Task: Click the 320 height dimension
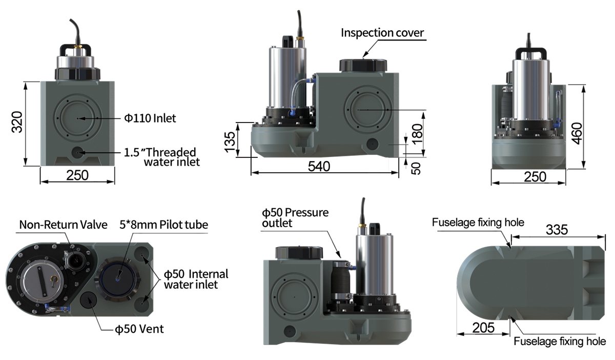click(x=17, y=122)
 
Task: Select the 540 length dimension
click(x=319, y=167)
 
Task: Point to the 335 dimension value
click(x=557, y=230)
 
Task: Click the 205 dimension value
click(x=483, y=328)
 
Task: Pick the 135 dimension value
click(x=230, y=142)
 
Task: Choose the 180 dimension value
click(x=417, y=134)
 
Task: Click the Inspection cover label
click(x=382, y=33)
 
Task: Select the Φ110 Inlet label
click(x=150, y=118)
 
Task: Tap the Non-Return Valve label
click(x=63, y=225)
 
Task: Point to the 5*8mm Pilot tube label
click(x=163, y=225)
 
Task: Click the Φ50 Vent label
click(x=139, y=329)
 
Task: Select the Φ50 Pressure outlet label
click(x=295, y=217)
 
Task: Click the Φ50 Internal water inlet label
click(x=196, y=279)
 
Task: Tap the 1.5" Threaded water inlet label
click(x=162, y=157)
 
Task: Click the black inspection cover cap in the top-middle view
click(x=363, y=66)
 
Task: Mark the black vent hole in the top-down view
click(x=88, y=300)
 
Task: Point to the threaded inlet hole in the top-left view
click(x=78, y=152)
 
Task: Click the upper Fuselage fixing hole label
click(x=478, y=223)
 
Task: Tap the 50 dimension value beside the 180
click(x=416, y=168)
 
